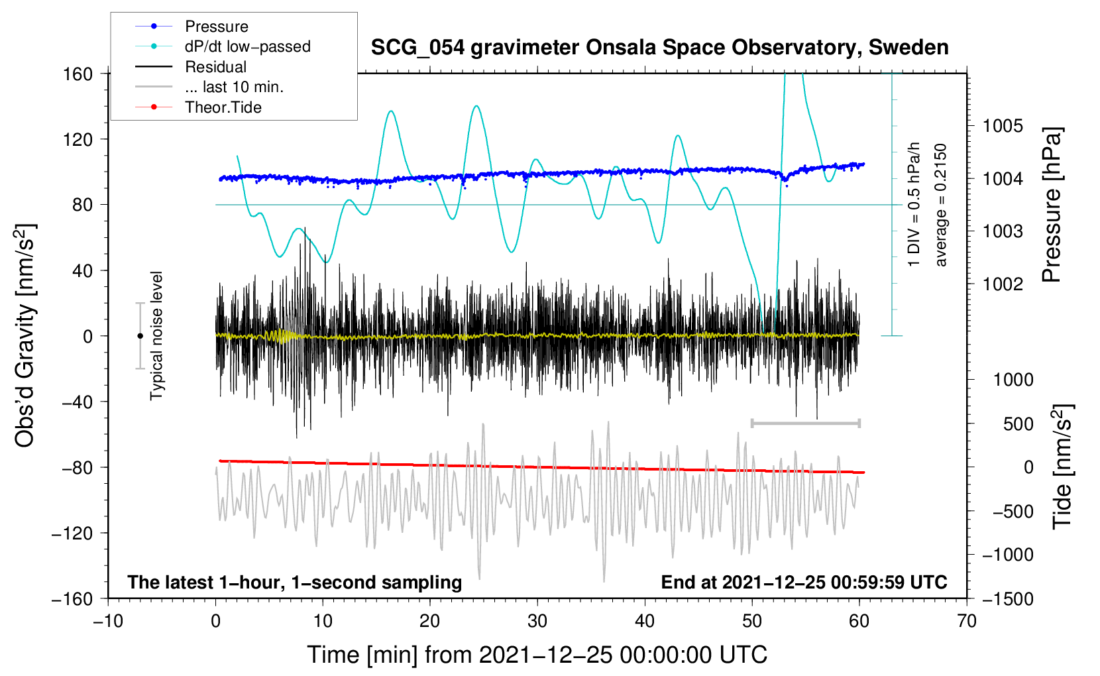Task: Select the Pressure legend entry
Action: click(x=192, y=26)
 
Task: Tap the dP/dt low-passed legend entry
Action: click(x=223, y=46)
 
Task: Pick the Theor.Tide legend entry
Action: click(x=198, y=107)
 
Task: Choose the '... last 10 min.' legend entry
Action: click(x=209, y=87)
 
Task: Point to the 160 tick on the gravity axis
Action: click(x=78, y=74)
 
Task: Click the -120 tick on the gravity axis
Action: click(x=72, y=534)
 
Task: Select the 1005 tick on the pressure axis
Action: click(x=1003, y=127)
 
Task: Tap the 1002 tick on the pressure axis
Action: click(x=1003, y=284)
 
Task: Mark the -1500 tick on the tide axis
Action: click(x=1008, y=599)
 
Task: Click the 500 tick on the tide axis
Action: click(x=1018, y=424)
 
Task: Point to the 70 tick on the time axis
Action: click(x=967, y=621)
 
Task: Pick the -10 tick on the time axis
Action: click(x=109, y=621)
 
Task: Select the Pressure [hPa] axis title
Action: click(x=1052, y=205)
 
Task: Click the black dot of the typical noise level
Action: click(x=140, y=336)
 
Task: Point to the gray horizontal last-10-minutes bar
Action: click(x=805, y=423)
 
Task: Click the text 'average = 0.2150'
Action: click(x=940, y=205)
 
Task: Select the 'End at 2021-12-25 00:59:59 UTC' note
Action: click(x=804, y=582)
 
